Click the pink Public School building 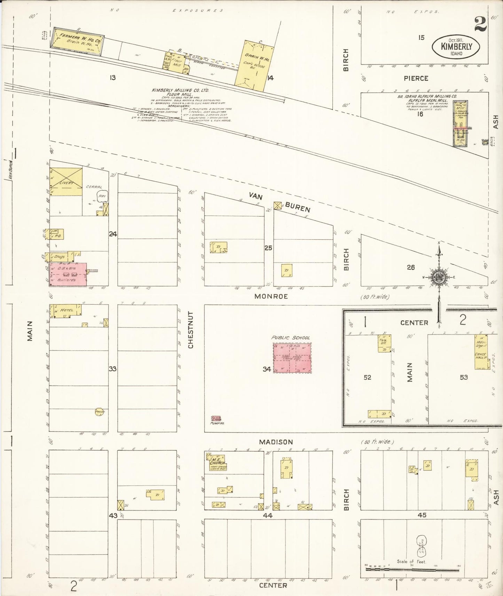pyautogui.click(x=292, y=358)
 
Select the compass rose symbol pyautogui.click(x=439, y=277)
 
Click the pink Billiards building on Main pyautogui.click(x=68, y=274)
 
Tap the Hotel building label pyautogui.click(x=66, y=310)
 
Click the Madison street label pyautogui.click(x=275, y=442)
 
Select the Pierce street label pyautogui.click(x=416, y=79)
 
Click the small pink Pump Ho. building pyautogui.click(x=216, y=419)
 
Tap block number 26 pyautogui.click(x=411, y=267)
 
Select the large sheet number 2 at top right pyautogui.click(x=480, y=25)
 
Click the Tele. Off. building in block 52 pyautogui.click(x=384, y=343)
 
